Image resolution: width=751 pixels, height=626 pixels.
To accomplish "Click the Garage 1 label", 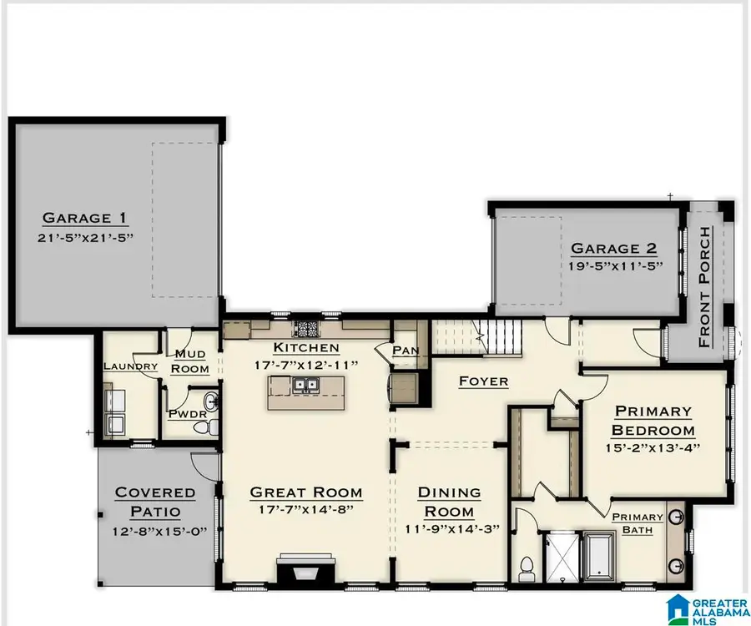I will click(86, 219).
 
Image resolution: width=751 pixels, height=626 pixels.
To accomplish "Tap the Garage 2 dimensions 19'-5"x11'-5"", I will click(614, 267).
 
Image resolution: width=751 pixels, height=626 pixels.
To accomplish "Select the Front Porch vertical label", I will click(706, 286).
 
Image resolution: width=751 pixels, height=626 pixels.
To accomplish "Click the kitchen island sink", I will click(307, 386).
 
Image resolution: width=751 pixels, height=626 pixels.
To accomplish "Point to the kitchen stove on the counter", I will click(307, 328).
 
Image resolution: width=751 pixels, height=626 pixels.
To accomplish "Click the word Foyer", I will click(484, 381).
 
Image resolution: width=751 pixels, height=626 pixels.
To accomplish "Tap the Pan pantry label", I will click(406, 351).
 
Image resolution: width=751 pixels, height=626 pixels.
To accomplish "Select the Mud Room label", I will click(189, 361).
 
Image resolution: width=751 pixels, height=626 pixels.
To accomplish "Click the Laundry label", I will click(130, 366).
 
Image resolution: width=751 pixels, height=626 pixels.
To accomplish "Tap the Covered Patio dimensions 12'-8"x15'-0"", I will click(155, 531).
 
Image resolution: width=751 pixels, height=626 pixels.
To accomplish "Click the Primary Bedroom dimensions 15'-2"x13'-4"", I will click(653, 448).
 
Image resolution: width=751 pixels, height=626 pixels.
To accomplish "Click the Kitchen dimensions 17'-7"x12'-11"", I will click(307, 365).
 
